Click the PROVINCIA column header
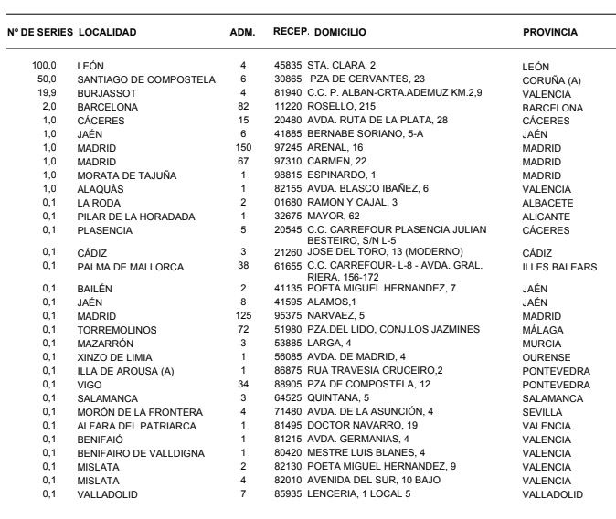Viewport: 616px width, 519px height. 549,32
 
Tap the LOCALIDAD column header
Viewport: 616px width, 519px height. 108,32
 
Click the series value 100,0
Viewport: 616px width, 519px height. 45,66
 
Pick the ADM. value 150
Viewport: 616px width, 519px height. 243,148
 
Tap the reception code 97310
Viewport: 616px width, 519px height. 288,162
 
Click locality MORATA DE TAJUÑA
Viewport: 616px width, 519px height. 123,175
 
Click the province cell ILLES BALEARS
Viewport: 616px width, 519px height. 559,268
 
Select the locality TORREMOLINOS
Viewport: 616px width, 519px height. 118,329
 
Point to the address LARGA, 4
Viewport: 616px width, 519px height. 332,343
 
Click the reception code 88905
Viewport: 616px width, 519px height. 288,384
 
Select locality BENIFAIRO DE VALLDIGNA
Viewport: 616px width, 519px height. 141,453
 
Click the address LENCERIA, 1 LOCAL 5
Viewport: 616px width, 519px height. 359,494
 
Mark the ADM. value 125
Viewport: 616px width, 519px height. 243,315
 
